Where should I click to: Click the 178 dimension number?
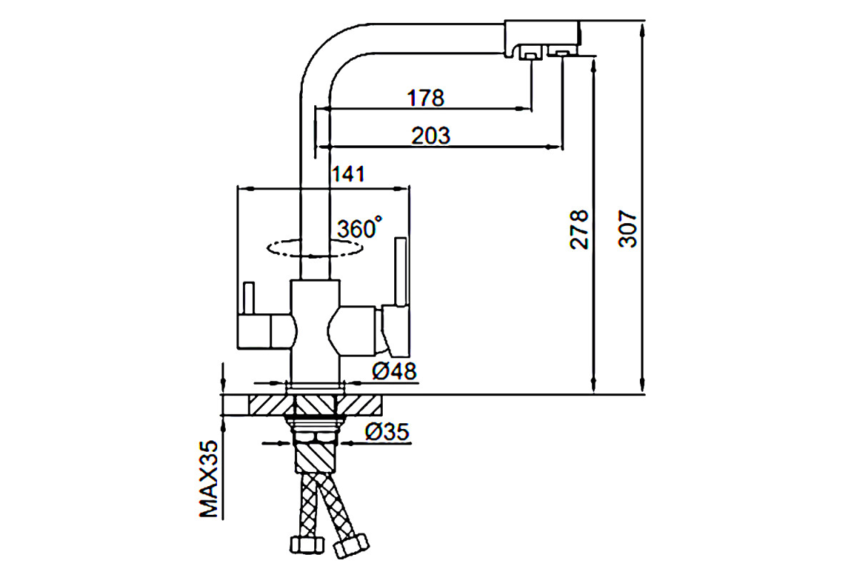coord(426,98)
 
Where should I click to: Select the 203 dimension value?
coord(431,136)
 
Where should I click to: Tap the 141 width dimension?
coord(349,174)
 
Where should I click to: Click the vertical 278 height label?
coord(578,230)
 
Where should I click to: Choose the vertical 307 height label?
coord(627,228)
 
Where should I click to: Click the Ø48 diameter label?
coord(394,371)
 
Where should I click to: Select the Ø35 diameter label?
coord(387,432)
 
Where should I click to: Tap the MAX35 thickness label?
coord(209,479)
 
